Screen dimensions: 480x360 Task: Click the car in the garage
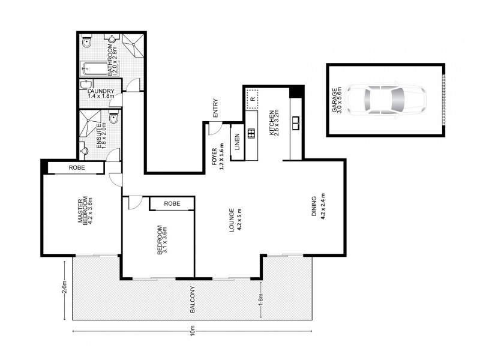tap(386, 100)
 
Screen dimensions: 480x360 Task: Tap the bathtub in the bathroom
tap(92, 68)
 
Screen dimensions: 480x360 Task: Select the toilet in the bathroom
tap(87, 41)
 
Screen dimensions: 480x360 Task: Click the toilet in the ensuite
tap(114, 118)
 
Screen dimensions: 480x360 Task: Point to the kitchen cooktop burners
tap(251, 133)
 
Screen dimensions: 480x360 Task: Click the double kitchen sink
tap(296, 123)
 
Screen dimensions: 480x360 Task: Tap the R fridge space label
tap(253, 99)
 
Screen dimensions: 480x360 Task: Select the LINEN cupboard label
tap(237, 142)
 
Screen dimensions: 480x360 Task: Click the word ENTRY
tap(215, 108)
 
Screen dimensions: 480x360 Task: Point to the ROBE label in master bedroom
tap(77, 168)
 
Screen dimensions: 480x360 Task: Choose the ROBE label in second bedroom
tap(172, 203)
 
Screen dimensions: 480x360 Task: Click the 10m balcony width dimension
tap(192, 331)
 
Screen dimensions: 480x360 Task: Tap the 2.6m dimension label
tap(65, 287)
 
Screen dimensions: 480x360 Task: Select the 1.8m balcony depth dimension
tap(261, 299)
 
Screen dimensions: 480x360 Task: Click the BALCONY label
tap(193, 299)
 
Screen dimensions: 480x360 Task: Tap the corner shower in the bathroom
tap(133, 45)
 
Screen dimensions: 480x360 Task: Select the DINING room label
tap(314, 206)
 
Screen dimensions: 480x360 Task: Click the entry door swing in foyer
tap(215, 128)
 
